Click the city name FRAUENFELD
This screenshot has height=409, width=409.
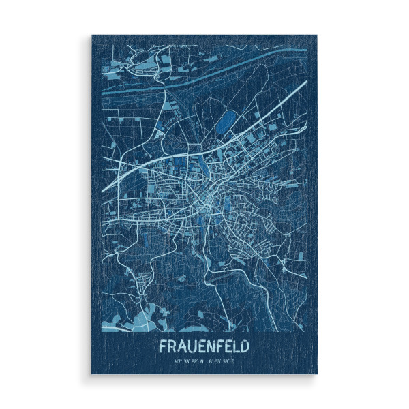pyautogui.click(x=204, y=346)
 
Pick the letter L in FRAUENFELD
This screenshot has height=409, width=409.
pyautogui.click(x=236, y=346)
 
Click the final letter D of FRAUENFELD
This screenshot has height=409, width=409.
pyautogui.click(x=245, y=346)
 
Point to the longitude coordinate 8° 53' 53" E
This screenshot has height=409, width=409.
pyautogui.click(x=221, y=361)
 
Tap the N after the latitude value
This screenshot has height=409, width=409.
pyautogui.click(x=202, y=361)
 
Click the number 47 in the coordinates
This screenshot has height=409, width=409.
pyautogui.click(x=177, y=361)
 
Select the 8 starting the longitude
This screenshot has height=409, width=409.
pyautogui.click(x=210, y=361)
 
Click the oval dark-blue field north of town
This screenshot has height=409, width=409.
pyautogui.click(x=224, y=123)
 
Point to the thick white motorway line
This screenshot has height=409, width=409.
pyautogui.click(x=225, y=130)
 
